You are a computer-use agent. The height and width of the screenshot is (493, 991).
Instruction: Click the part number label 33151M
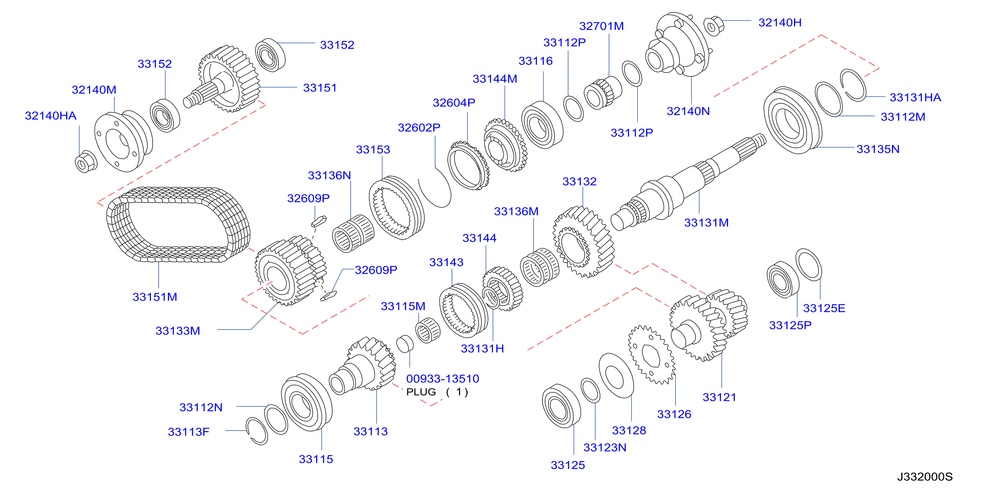pyautogui.click(x=155, y=297)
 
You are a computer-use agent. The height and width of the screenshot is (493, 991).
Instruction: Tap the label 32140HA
pyautogui.click(x=51, y=116)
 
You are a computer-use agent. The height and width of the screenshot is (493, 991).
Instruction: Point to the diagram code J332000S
pyautogui.click(x=925, y=477)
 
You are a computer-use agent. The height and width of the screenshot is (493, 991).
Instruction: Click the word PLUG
pyautogui.click(x=421, y=392)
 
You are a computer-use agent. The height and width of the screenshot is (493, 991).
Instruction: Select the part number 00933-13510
pyautogui.click(x=442, y=379)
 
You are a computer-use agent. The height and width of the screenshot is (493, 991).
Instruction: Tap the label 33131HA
pyautogui.click(x=915, y=98)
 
